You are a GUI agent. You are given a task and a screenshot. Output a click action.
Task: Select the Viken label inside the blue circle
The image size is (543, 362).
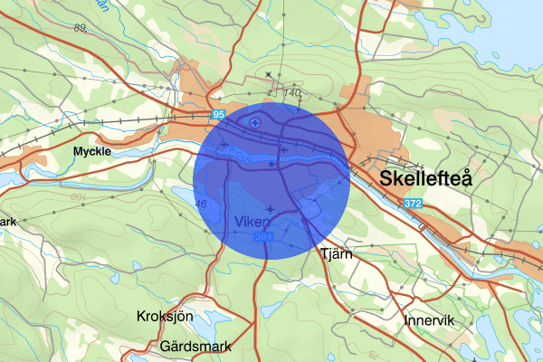point(249,221)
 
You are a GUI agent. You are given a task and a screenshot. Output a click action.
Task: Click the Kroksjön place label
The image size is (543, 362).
point(165,317)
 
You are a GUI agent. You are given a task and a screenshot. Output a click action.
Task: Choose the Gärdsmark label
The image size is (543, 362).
point(195,347)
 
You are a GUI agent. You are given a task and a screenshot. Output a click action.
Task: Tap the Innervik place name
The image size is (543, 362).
point(430,320)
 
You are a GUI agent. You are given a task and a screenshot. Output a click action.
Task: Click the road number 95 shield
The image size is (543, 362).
point(219,115)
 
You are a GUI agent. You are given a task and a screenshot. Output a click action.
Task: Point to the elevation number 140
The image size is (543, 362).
point(291,92)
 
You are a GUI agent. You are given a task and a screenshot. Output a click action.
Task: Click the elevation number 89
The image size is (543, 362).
point(81,29)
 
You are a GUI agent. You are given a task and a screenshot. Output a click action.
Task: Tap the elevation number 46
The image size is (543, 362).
point(201,205)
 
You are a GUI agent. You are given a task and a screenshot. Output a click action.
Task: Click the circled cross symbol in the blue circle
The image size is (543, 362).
point(256,121)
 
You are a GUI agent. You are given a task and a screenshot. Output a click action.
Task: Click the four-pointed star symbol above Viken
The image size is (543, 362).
point(268,209)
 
